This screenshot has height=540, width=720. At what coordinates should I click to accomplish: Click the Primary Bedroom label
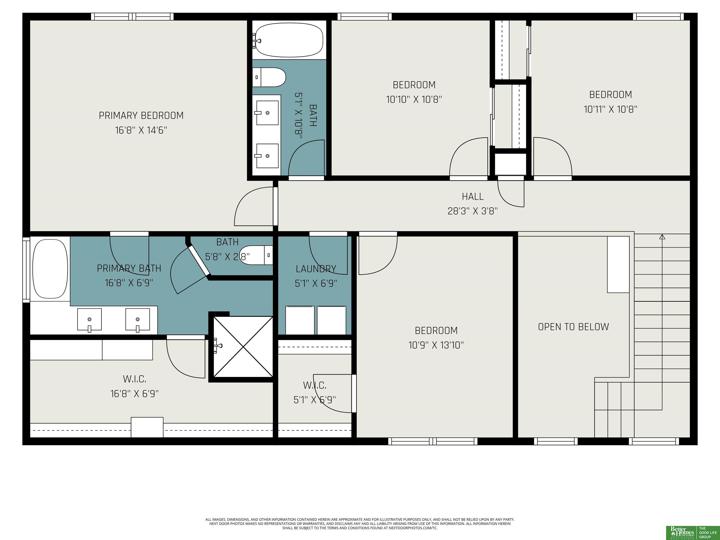[141, 116]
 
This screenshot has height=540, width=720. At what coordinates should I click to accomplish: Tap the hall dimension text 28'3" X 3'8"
[473, 211]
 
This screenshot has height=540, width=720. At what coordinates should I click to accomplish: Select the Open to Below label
[573, 327]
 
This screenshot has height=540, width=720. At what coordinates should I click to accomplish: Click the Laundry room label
[316, 269]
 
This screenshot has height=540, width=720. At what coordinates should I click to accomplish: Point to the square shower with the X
[243, 347]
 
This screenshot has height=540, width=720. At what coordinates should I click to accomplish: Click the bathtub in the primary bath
[50, 269]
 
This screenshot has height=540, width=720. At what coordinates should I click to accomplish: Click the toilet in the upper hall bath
[269, 77]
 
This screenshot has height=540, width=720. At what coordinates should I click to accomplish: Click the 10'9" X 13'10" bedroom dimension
[436, 345]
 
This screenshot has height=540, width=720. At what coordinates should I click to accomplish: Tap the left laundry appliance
[300, 320]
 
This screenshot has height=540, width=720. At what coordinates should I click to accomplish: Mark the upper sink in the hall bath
[267, 113]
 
